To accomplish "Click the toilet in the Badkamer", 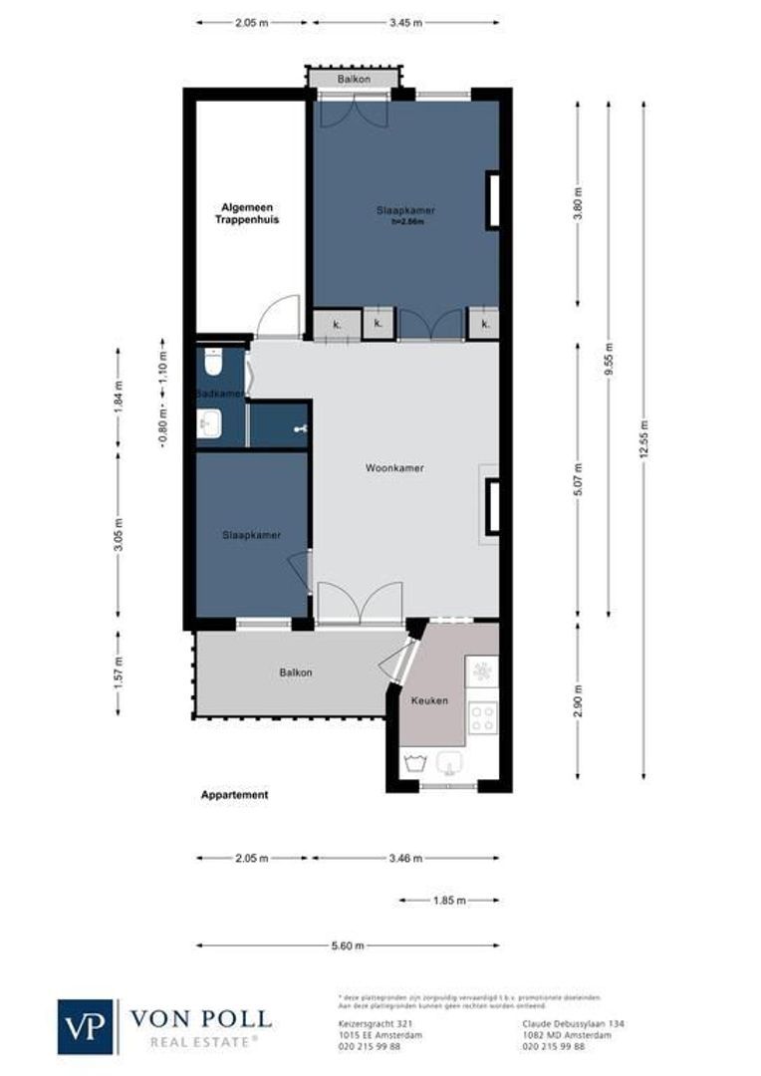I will pos(211,361).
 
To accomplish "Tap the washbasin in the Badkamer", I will pos(209,425).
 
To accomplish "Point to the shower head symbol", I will pos(298,428).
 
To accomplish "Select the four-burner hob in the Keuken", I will pos(483,718).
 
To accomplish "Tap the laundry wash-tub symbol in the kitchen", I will pos(415,765).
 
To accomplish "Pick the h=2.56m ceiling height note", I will pos(407,222).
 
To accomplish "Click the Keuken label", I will pos(429,700).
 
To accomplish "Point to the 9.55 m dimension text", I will pos(609,355).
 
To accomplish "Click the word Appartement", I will pos(234,795).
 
